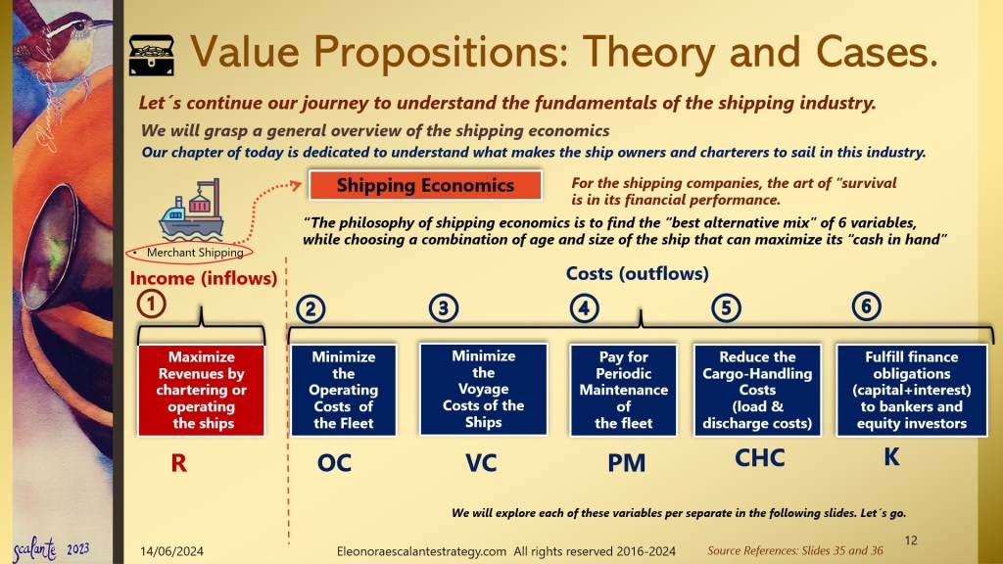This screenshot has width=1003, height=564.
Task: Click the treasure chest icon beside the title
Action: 152,55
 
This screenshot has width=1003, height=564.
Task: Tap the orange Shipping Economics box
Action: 425,185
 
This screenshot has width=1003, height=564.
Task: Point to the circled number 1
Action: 151,304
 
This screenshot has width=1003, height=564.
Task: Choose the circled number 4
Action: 584,308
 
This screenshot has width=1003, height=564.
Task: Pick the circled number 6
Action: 866,305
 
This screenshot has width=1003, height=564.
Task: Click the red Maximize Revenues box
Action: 202,390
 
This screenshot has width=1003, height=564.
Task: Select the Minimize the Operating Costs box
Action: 344,390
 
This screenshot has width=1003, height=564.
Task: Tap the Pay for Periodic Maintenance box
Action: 624,390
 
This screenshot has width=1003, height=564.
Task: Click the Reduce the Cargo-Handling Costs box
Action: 757,390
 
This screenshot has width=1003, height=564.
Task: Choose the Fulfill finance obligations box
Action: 912,390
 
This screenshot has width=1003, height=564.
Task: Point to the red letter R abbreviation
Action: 179,463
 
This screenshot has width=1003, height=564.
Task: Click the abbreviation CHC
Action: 760,458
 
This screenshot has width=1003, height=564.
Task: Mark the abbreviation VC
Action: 481,463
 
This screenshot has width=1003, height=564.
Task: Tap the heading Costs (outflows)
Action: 637,274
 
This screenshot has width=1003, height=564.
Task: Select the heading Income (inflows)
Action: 204,278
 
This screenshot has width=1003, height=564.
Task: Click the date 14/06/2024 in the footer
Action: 172,551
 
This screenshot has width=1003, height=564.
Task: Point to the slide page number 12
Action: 911,540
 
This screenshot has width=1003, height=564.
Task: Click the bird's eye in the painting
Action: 80,26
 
